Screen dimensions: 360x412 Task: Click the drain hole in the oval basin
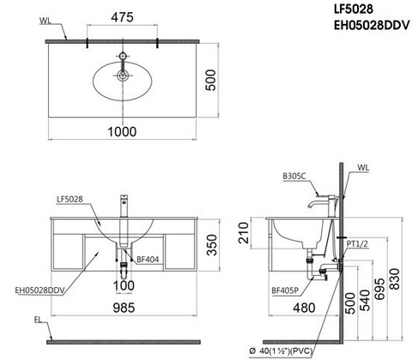pos(123,76)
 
